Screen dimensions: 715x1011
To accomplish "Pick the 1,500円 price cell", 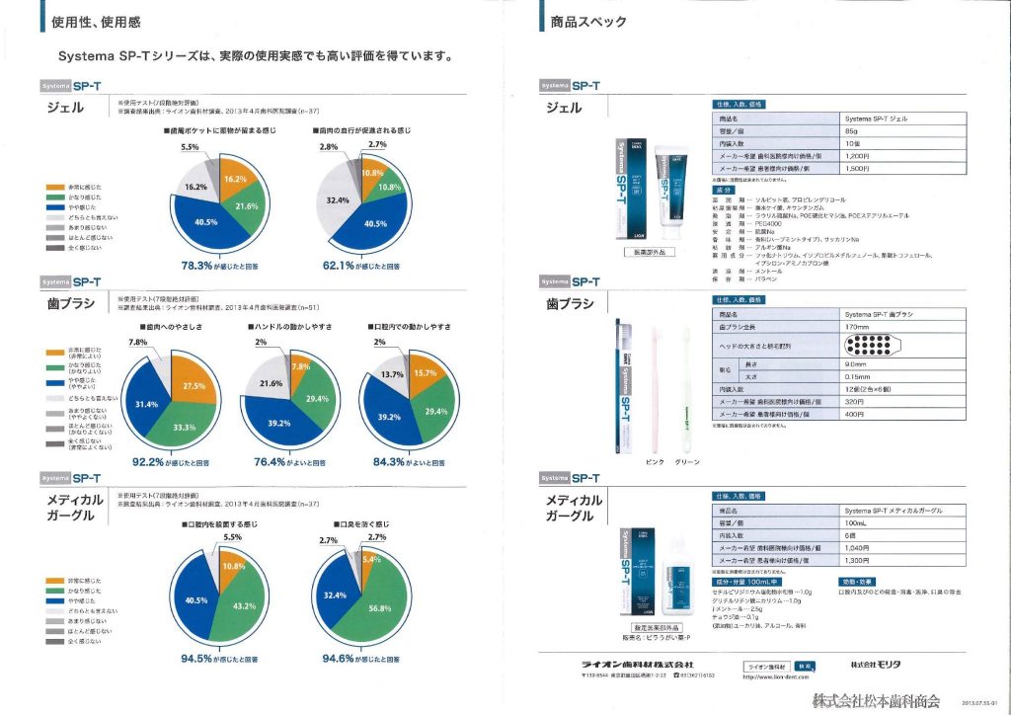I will coord(857,168).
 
